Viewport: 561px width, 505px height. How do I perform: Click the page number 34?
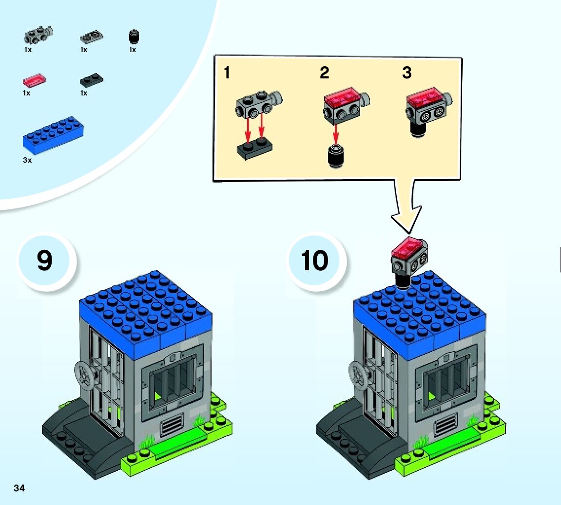click(x=19, y=488)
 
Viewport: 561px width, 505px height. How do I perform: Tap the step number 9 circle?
click(x=45, y=261)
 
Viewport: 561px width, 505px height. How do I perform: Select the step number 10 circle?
click(x=315, y=261)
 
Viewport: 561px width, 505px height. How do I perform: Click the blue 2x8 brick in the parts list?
click(x=53, y=134)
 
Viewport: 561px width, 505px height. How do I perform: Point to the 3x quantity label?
click(x=27, y=160)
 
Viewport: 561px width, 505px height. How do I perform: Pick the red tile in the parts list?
click(x=34, y=80)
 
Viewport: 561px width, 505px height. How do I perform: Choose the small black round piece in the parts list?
click(x=133, y=37)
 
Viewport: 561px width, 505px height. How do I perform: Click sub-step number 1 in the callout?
click(x=227, y=73)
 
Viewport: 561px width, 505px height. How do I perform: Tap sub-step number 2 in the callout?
click(x=324, y=73)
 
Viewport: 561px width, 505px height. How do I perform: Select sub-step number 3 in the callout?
click(x=406, y=73)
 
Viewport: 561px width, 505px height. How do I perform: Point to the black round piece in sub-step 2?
click(x=335, y=157)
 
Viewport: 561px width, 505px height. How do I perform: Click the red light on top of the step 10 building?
click(x=409, y=248)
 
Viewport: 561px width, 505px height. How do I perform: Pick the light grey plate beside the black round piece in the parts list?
click(x=91, y=37)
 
